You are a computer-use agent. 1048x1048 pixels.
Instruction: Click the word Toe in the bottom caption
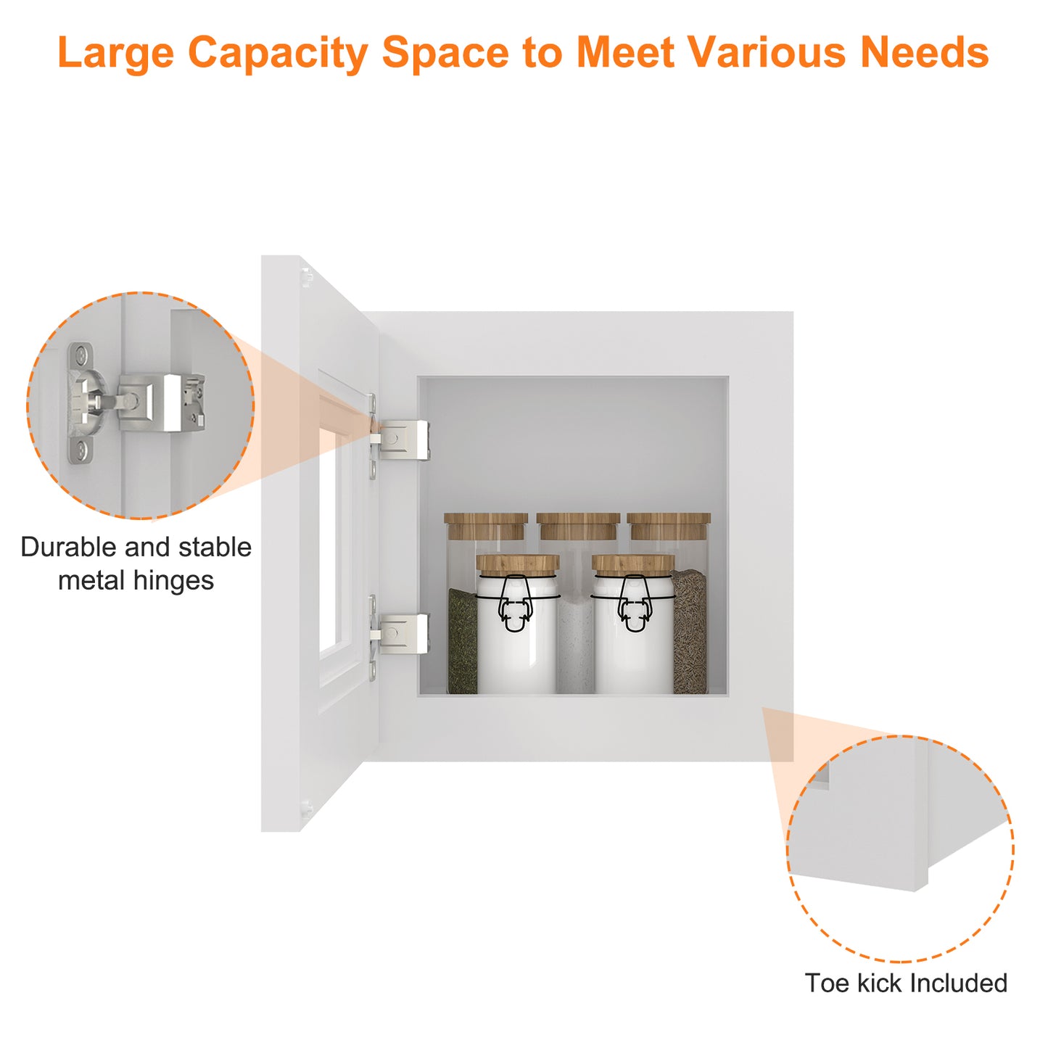point(827,983)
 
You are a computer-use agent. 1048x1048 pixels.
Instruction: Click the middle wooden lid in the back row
point(578,525)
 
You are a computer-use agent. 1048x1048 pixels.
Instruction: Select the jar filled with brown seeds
point(690,632)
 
